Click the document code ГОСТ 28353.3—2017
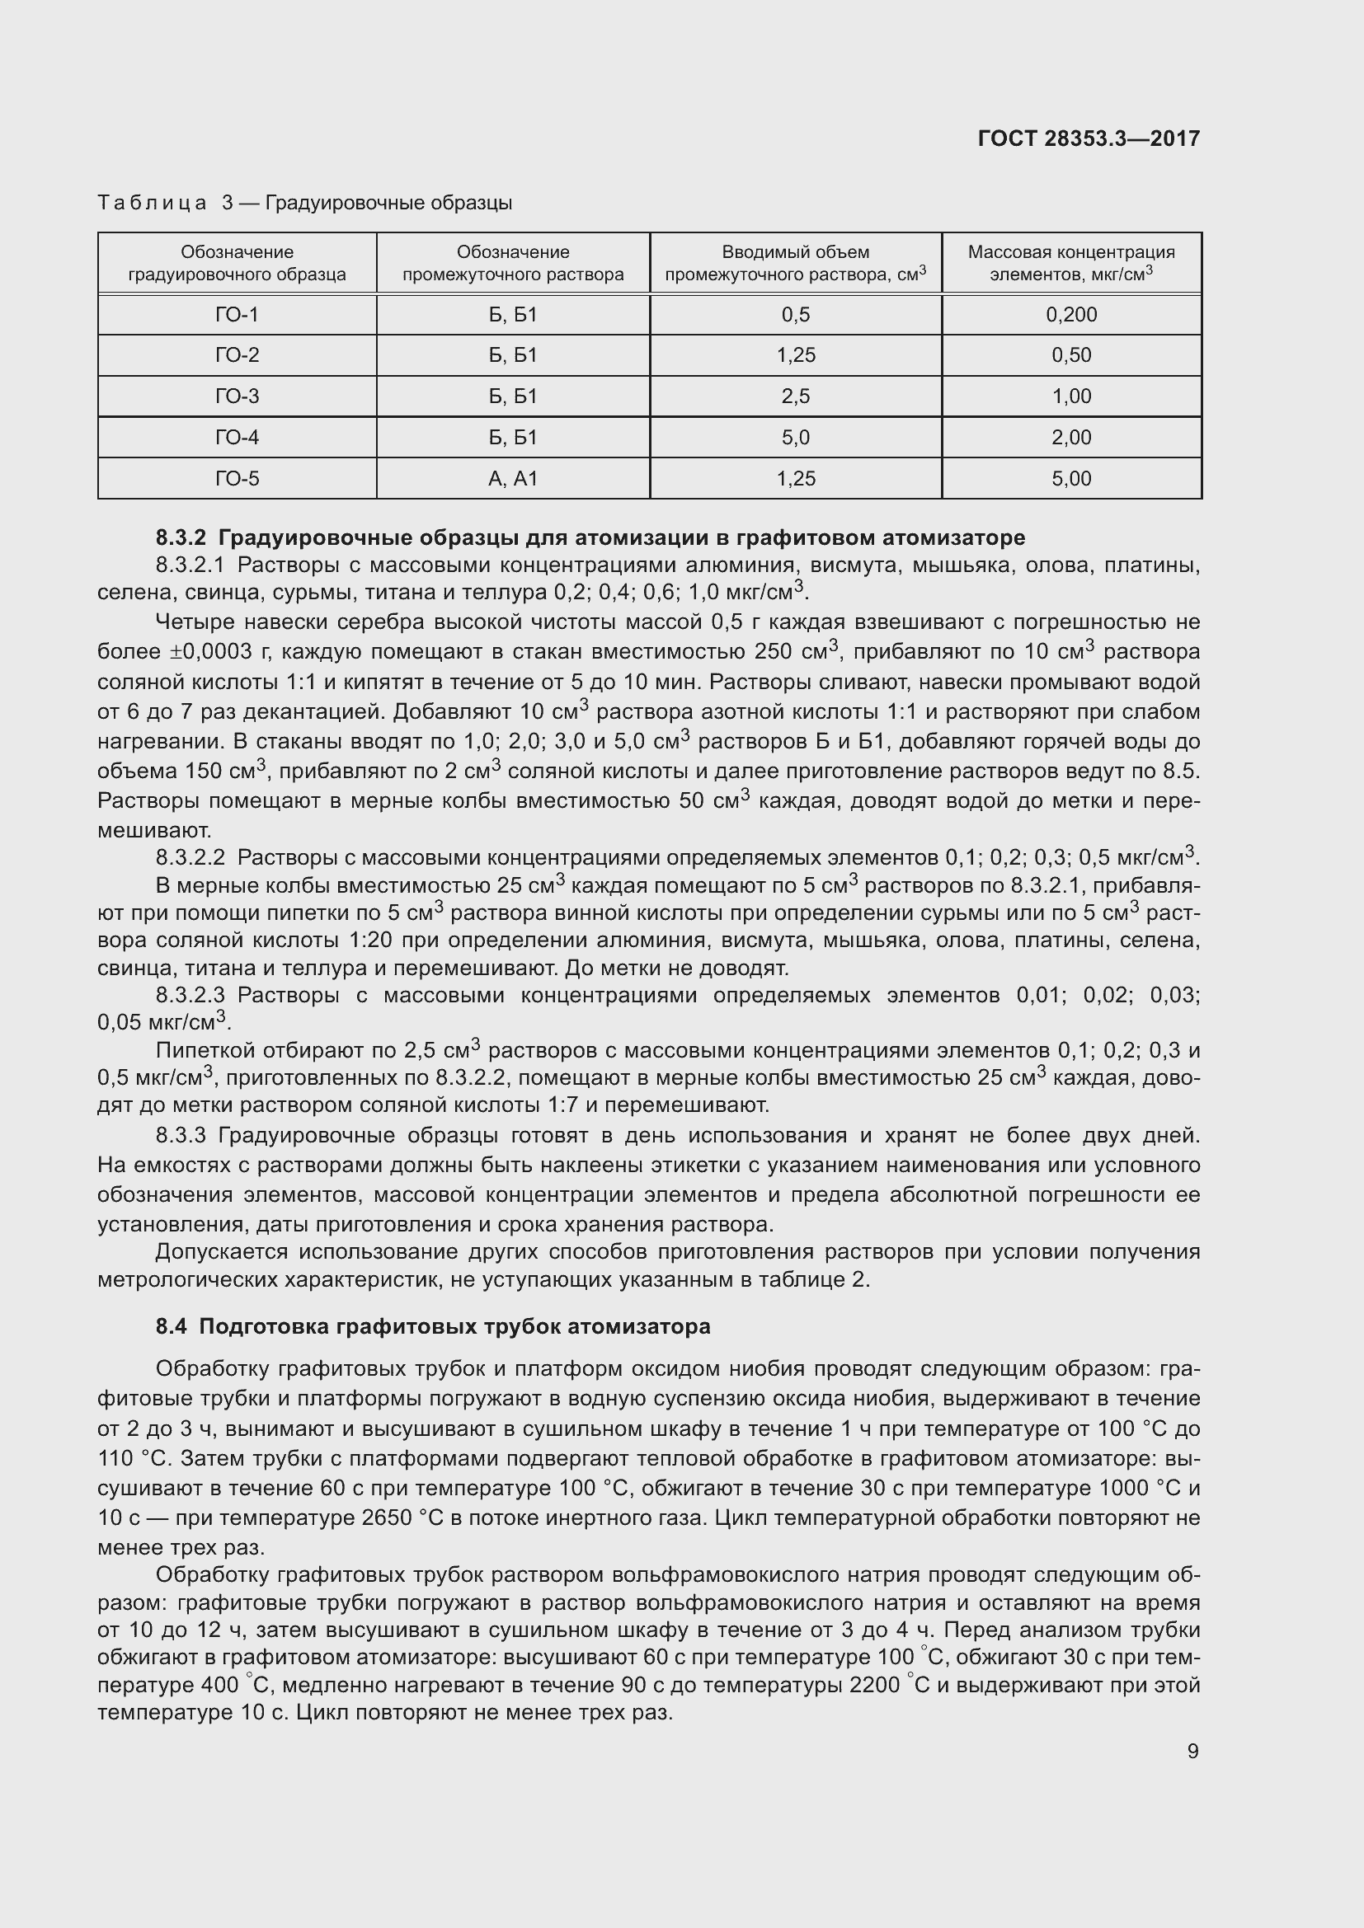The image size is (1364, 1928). click(x=1089, y=138)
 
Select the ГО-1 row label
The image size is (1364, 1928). click(x=237, y=314)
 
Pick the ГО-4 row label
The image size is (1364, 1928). click(x=237, y=437)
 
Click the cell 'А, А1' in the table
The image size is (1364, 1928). click(x=512, y=478)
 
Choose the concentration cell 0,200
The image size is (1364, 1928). click(x=1071, y=314)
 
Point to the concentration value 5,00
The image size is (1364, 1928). click(x=1071, y=478)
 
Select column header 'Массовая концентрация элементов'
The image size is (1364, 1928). click(x=1071, y=263)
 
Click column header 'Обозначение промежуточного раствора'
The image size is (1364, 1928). click(x=512, y=263)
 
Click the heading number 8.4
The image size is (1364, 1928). click(x=171, y=1326)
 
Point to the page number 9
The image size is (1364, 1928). click(x=1192, y=1751)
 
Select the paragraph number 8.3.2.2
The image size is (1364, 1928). click(x=190, y=857)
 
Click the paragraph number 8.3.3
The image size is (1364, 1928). click(x=181, y=1135)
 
